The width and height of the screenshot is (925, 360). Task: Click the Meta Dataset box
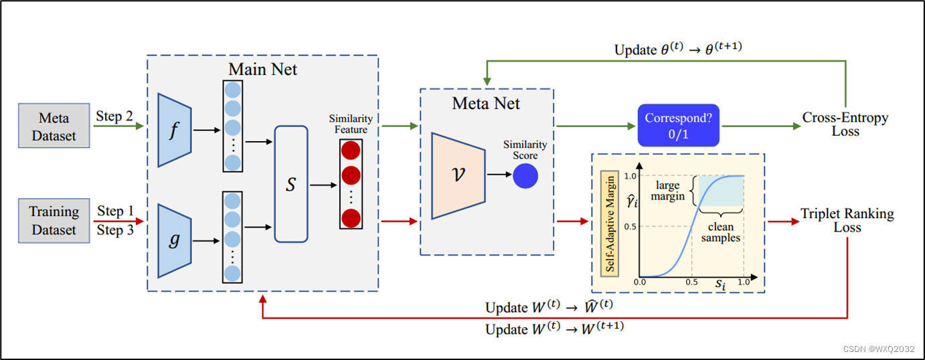(x=54, y=126)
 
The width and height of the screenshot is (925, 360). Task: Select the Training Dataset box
(x=54, y=220)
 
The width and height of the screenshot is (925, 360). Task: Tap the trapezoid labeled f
(x=174, y=129)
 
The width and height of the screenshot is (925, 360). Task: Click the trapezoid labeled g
(x=174, y=240)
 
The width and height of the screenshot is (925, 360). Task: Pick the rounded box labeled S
(x=291, y=184)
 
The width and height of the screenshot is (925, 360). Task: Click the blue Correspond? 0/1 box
(x=678, y=125)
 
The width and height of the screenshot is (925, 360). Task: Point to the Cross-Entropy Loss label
(x=845, y=124)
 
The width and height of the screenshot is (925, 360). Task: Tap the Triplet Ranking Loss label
(x=847, y=220)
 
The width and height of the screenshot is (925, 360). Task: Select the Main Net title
(x=263, y=70)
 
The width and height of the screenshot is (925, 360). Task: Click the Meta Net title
(x=486, y=103)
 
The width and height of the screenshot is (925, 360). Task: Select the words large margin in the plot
(x=669, y=191)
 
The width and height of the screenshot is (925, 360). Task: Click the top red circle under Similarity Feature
(x=351, y=150)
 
